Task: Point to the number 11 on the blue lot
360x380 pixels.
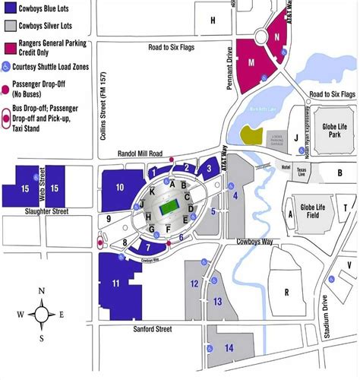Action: click(116, 283)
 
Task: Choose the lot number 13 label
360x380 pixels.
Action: click(217, 302)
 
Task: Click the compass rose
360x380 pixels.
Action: click(41, 314)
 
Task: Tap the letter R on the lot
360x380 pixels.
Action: click(287, 292)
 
